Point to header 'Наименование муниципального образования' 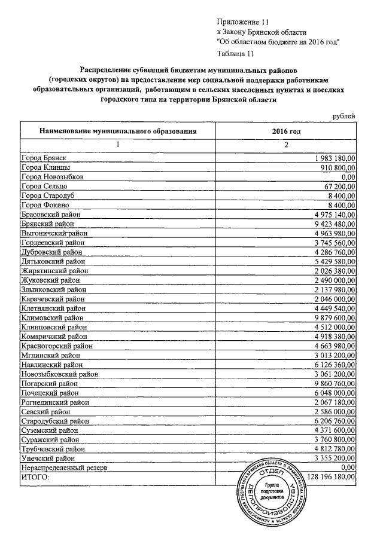click(118, 131)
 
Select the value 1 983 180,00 click(335, 157)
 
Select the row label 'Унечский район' click(48, 457)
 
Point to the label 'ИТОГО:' click(35, 478)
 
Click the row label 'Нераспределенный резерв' click(64, 467)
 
